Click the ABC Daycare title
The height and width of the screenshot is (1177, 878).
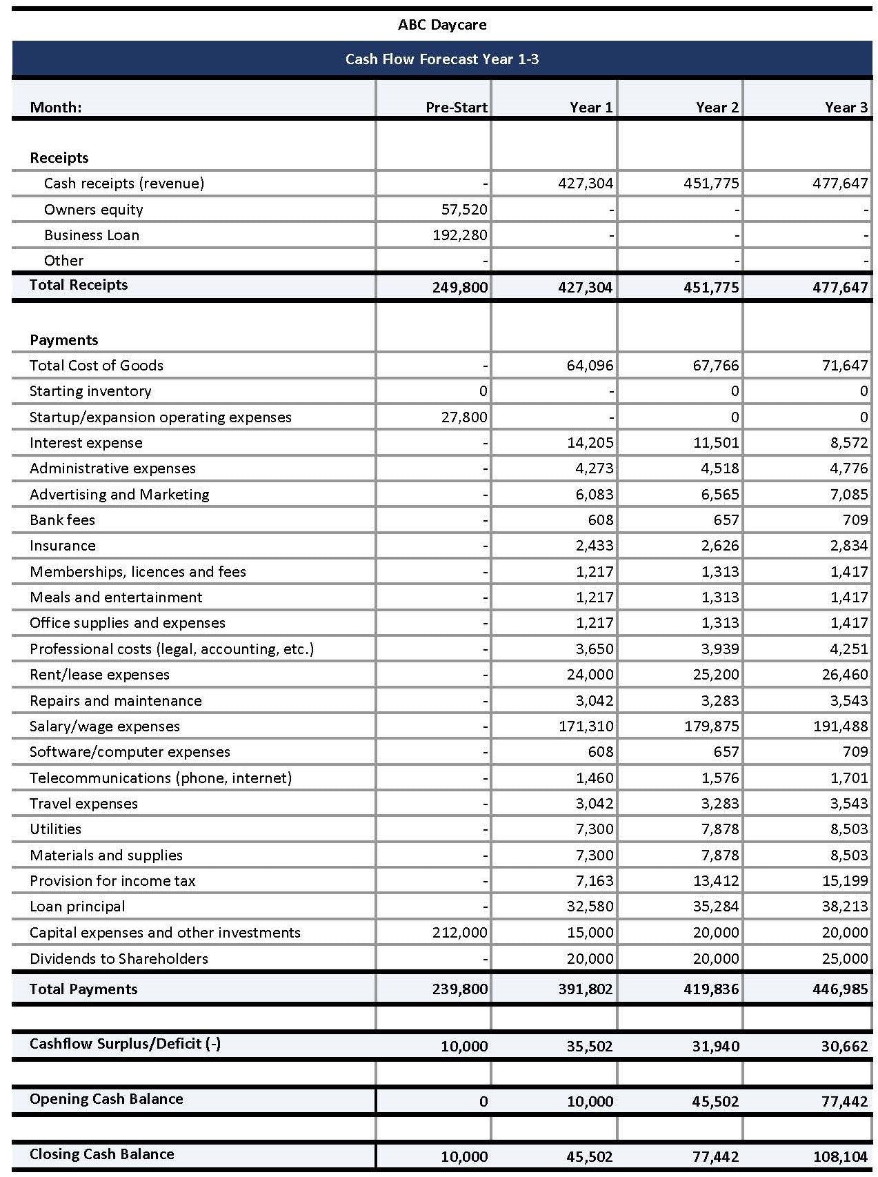(442, 25)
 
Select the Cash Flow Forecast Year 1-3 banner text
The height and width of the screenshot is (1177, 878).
(442, 59)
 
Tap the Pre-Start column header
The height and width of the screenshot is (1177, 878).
(456, 108)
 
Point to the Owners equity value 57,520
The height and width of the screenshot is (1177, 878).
(463, 210)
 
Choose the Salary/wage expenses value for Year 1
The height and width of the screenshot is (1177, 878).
(586, 726)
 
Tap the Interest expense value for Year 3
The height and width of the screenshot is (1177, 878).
(849, 443)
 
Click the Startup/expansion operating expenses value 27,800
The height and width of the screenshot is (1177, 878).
(463, 417)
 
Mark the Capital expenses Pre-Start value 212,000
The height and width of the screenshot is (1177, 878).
(459, 933)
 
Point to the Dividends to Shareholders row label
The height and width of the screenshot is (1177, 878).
(119, 959)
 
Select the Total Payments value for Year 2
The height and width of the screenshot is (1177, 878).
(711, 989)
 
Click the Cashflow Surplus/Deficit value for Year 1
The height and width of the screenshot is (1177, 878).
(590, 1047)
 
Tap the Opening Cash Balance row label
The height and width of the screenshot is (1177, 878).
(106, 1099)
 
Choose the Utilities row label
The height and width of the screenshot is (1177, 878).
(55, 829)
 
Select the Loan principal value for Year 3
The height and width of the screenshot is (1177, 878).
(844, 907)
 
